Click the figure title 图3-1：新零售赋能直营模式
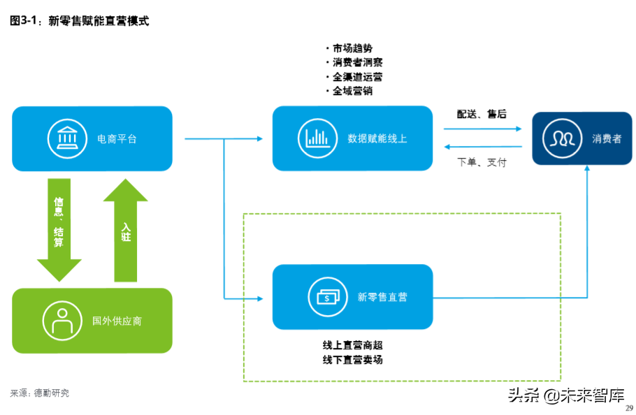click(79, 21)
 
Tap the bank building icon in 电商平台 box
click(67, 138)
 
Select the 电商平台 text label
click(117, 139)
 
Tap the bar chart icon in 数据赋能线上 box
click(317, 138)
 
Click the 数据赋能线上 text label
click(377, 138)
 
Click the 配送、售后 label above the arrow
click(482, 114)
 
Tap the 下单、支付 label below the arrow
click(482, 162)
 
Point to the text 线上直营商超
click(352, 345)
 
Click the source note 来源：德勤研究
click(39, 393)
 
